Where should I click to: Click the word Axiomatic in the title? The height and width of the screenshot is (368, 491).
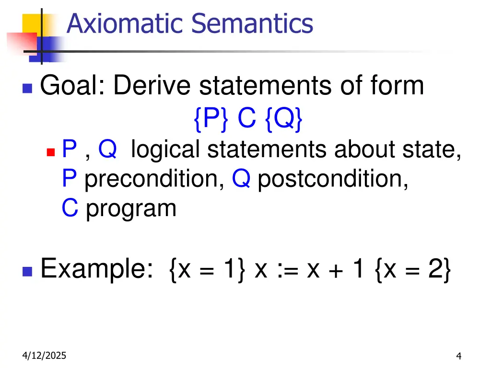coord(125,23)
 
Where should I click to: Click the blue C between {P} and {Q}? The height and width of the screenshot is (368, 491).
coord(247,119)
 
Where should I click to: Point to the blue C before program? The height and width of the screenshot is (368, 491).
coord(70,208)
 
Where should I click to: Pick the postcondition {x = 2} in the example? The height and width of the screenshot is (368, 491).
coord(410,269)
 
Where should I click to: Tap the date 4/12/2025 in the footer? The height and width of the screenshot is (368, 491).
coord(44,356)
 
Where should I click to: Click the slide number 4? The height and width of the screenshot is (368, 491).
coord(459,356)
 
